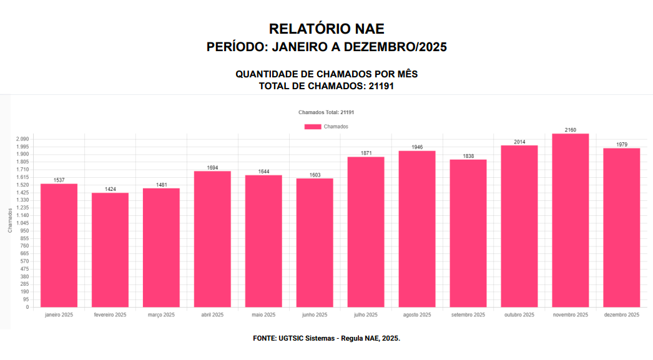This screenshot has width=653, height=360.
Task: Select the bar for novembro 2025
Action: coord(571,220)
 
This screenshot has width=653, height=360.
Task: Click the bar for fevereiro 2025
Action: coord(110,250)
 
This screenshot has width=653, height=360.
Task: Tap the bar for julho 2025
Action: coord(366,231)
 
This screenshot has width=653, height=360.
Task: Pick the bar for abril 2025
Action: coord(212,239)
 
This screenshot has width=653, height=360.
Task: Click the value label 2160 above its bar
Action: coord(571,130)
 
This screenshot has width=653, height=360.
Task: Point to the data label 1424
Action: coord(110,189)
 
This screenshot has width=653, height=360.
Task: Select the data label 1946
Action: coord(417,147)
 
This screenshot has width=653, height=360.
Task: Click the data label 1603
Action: coord(315,175)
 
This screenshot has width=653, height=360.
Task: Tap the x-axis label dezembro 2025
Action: coord(622,315)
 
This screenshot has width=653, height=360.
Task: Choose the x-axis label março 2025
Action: coord(161,315)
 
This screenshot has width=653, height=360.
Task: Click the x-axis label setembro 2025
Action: coord(468,315)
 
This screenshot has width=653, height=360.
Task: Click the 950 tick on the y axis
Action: coord(24,231)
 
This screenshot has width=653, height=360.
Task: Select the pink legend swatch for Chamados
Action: coord(313,127)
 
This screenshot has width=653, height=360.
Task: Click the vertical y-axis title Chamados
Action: coord(10,221)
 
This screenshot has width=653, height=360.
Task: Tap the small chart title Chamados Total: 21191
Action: coord(326,112)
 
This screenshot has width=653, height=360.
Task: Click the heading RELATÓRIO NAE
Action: coord(326,29)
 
